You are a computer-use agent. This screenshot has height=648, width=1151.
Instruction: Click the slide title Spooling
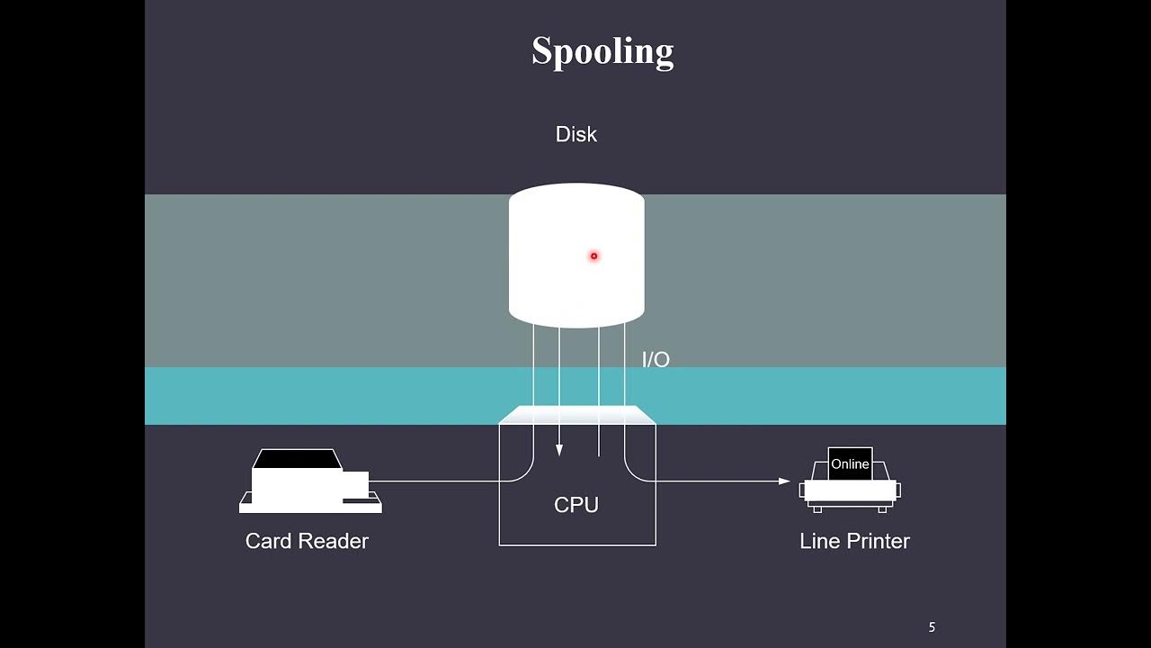pyautogui.click(x=602, y=51)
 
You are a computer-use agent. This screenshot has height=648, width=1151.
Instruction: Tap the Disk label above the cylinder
pyautogui.click(x=576, y=134)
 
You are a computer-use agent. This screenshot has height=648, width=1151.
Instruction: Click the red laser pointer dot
pyautogui.click(x=593, y=256)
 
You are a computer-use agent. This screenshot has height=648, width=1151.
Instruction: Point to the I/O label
pyautogui.click(x=656, y=360)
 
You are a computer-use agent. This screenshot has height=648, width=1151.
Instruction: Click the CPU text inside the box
pyautogui.click(x=576, y=505)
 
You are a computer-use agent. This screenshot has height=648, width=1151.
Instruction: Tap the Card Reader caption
pyautogui.click(x=307, y=541)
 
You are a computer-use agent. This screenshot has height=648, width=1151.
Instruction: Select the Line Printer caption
pyautogui.click(x=854, y=541)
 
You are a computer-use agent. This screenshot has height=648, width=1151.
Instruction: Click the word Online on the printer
pyautogui.click(x=850, y=464)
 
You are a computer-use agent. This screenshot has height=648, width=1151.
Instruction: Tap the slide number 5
pyautogui.click(x=932, y=627)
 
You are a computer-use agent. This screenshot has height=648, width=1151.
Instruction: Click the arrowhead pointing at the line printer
pyautogui.click(x=784, y=481)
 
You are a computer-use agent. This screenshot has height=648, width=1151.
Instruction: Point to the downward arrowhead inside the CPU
pyautogui.click(x=559, y=450)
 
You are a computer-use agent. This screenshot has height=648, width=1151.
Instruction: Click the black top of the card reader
pyautogui.click(x=297, y=459)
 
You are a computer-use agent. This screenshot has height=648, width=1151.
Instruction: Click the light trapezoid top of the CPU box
pyautogui.click(x=577, y=414)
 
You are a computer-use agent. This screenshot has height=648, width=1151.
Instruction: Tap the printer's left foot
pyautogui.click(x=817, y=508)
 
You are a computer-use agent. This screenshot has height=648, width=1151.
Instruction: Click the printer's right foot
pyautogui.click(x=883, y=508)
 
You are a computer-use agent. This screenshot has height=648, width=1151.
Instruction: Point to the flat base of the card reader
pyautogui.click(x=310, y=508)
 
